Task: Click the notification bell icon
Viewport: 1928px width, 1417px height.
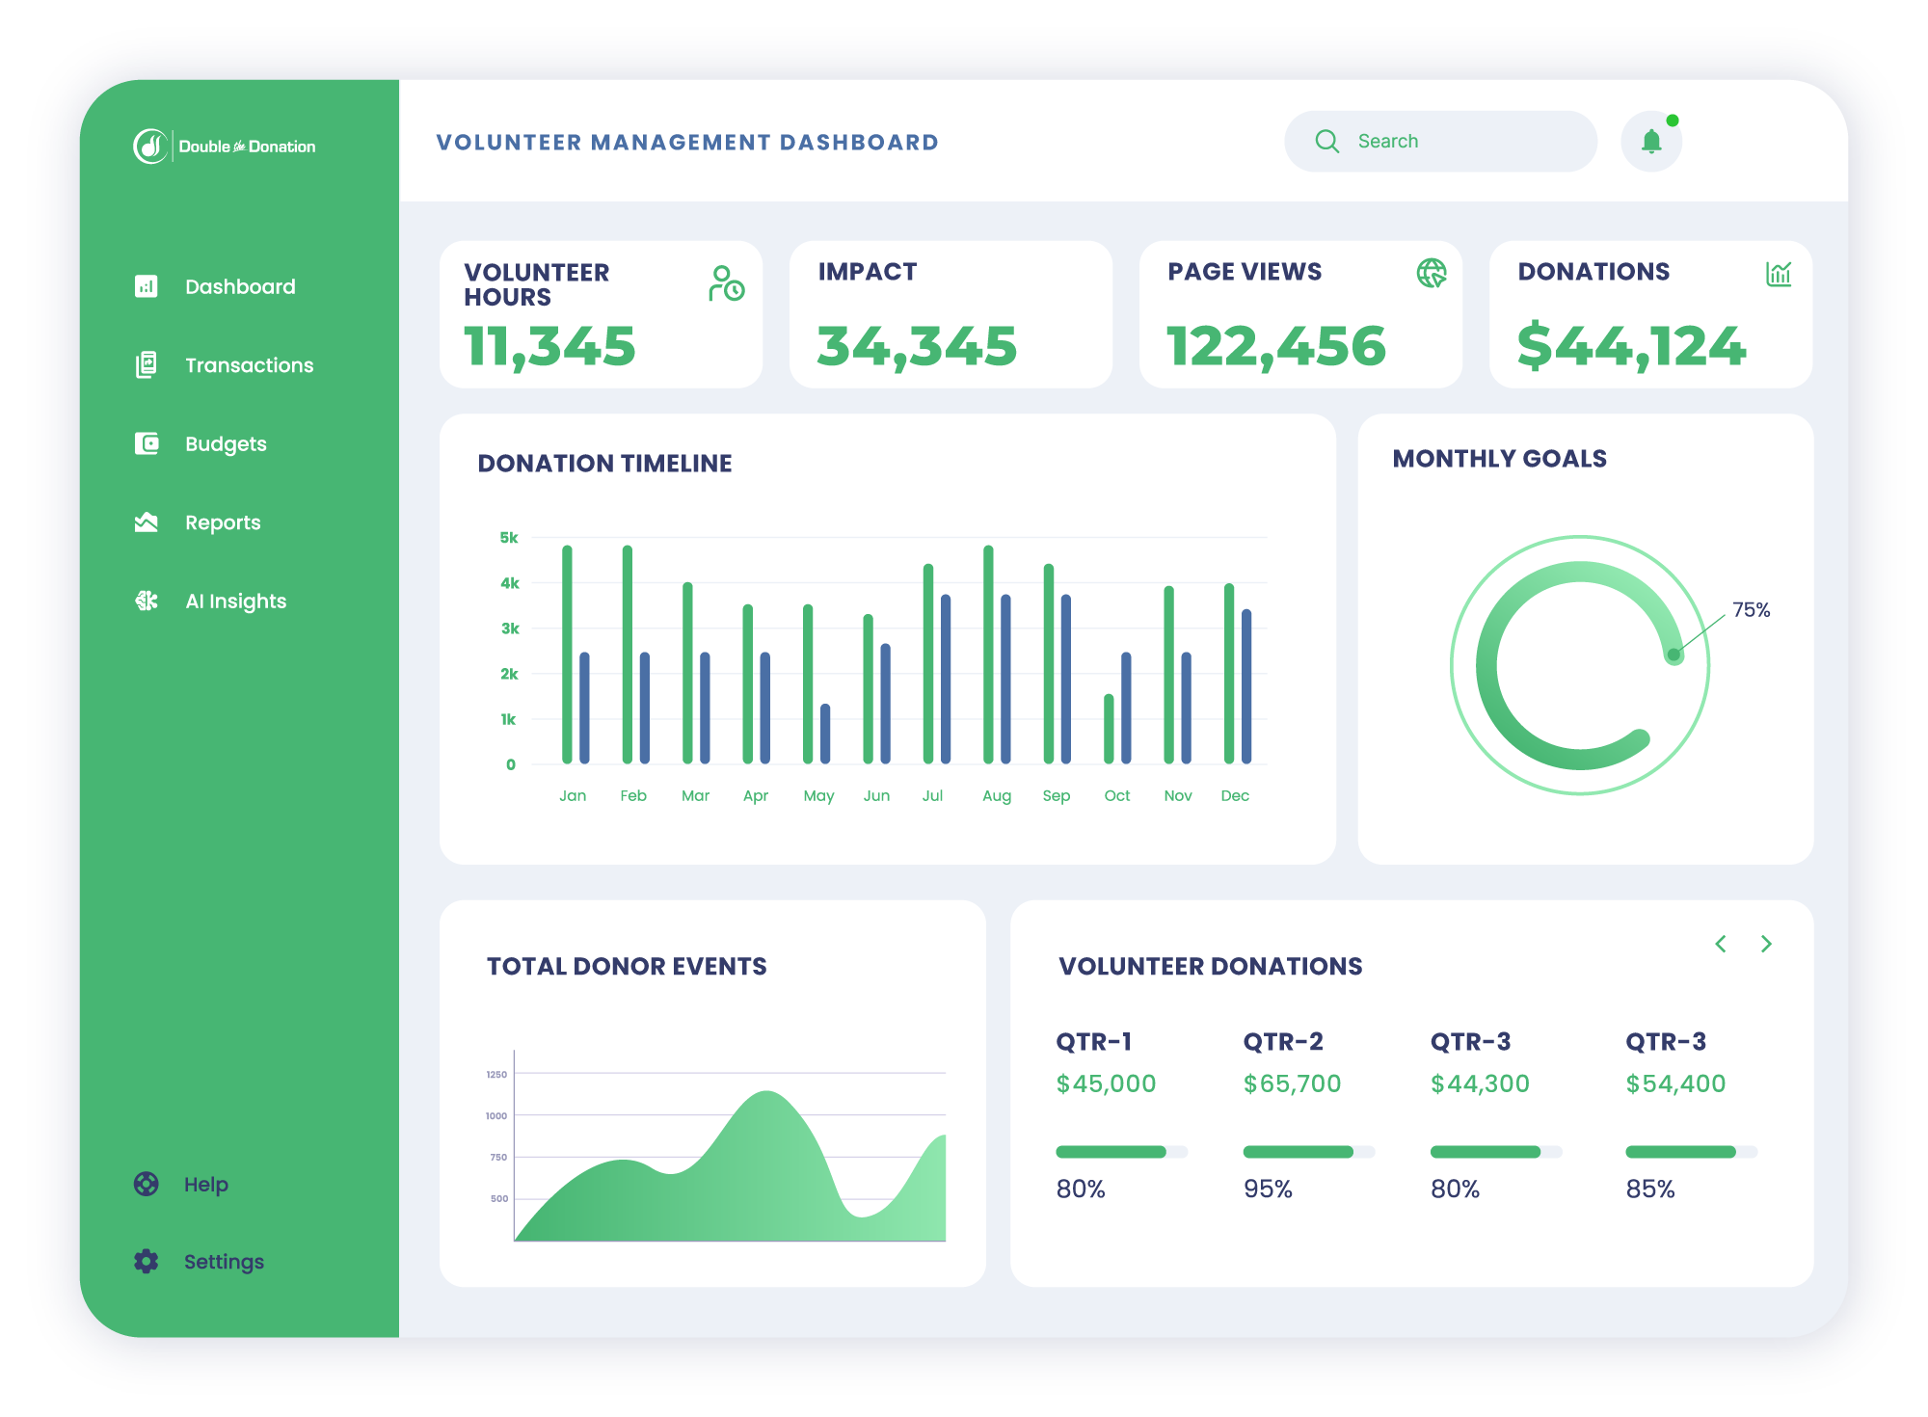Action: click(x=1651, y=142)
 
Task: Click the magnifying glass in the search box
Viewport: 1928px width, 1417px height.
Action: click(x=1327, y=142)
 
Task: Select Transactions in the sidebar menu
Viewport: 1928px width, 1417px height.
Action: click(x=249, y=365)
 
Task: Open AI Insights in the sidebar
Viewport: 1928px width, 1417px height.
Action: click(x=235, y=602)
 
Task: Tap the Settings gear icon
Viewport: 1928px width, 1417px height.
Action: click(x=147, y=1261)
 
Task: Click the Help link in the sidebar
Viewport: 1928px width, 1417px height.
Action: click(x=205, y=1184)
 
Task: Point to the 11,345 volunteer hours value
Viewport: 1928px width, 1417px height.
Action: click(x=549, y=346)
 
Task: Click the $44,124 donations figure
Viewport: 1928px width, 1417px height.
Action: click(x=1631, y=346)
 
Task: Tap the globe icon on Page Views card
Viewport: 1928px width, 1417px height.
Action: click(x=1432, y=274)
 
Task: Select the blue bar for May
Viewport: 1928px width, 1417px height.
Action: click(x=825, y=734)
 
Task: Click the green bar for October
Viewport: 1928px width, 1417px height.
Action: click(x=1109, y=729)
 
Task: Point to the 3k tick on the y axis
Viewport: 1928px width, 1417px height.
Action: click(x=510, y=628)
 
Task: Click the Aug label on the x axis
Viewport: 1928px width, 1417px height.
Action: click(x=997, y=795)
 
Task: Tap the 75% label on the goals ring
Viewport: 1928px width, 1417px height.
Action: click(x=1751, y=610)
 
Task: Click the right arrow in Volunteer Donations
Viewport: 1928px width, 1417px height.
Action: click(x=1766, y=944)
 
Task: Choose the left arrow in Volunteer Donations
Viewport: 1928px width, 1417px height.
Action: click(x=1721, y=944)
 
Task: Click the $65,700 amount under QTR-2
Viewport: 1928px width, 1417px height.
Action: click(x=1292, y=1083)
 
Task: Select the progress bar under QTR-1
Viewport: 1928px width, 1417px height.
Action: click(x=1120, y=1152)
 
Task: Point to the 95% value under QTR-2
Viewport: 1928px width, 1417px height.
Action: click(x=1268, y=1189)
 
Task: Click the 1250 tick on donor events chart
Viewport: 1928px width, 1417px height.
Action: click(x=496, y=1074)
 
